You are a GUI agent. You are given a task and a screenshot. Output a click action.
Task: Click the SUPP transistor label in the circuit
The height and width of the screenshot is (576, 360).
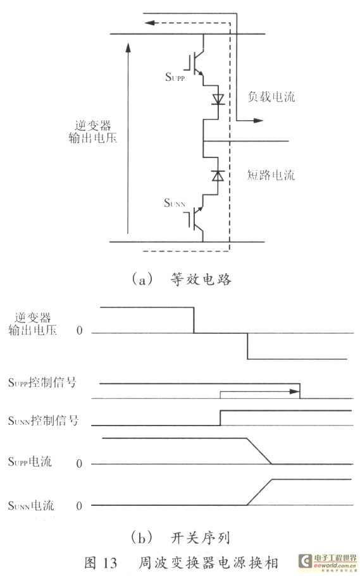tap(175, 77)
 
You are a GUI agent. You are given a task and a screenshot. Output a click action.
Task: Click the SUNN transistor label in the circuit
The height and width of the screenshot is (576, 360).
tap(174, 203)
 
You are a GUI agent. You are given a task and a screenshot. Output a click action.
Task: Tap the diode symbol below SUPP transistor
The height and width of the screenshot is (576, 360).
tap(218, 99)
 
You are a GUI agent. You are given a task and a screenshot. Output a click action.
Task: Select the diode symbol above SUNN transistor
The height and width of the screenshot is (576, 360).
tap(218, 176)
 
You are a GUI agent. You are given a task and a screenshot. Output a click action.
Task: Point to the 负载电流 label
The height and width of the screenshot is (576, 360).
tap(271, 97)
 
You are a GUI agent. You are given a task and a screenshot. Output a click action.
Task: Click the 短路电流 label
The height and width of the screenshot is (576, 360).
tap(271, 175)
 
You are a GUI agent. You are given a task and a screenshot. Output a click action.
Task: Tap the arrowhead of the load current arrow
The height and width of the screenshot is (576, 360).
tap(259, 120)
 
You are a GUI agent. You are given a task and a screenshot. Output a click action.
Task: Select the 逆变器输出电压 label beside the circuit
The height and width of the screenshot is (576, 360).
tap(92, 132)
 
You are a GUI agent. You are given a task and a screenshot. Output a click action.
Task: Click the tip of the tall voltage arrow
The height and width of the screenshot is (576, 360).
tap(128, 44)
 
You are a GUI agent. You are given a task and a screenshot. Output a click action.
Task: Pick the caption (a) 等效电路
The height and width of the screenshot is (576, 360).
tap(182, 279)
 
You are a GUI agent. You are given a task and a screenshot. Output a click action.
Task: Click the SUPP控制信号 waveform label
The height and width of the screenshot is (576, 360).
tap(42, 383)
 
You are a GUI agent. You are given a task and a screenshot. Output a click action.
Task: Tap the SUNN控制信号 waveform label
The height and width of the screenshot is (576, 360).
tap(44, 420)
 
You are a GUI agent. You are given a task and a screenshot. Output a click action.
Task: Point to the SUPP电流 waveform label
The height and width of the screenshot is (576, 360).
tap(30, 462)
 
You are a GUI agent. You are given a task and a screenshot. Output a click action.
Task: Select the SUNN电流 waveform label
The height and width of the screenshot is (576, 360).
tap(31, 505)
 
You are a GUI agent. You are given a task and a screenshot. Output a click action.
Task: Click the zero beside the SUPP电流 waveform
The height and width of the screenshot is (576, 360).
tap(79, 463)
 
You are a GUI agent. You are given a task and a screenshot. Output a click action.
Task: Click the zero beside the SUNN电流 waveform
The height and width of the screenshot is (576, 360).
tap(79, 506)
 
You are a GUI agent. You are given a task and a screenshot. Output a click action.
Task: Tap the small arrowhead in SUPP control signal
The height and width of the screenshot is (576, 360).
tap(295, 391)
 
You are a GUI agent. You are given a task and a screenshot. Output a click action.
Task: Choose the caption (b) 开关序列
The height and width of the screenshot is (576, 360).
tap(180, 538)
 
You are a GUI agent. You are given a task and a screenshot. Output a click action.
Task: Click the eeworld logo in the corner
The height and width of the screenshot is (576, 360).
tap(327, 562)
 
